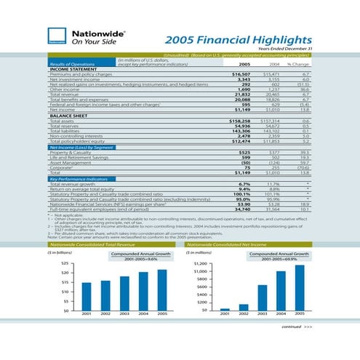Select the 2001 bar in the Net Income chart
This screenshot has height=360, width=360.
pyautogui.click(x=225, y=308)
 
